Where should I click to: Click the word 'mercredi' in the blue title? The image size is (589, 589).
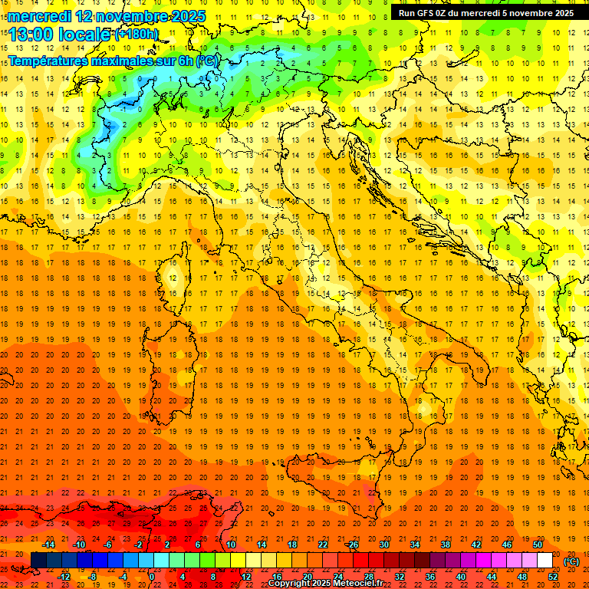coord(40,16)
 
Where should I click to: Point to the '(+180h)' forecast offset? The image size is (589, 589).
coord(137,34)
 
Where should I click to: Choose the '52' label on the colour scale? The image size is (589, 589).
coord(553,577)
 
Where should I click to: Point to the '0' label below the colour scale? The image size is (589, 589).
coord(151,577)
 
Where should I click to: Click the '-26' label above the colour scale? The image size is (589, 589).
coord(352,545)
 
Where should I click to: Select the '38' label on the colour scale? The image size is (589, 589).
coord(445,545)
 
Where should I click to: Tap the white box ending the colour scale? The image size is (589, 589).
coord(545,561)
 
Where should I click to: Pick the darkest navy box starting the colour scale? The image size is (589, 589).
coord(38,561)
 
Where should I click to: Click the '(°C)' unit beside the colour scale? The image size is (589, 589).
coord(571,561)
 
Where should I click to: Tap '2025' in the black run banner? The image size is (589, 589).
coord(561,13)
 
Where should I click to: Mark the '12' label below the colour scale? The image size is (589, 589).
coord(246,577)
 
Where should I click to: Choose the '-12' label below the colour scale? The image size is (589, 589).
coord(64,577)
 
